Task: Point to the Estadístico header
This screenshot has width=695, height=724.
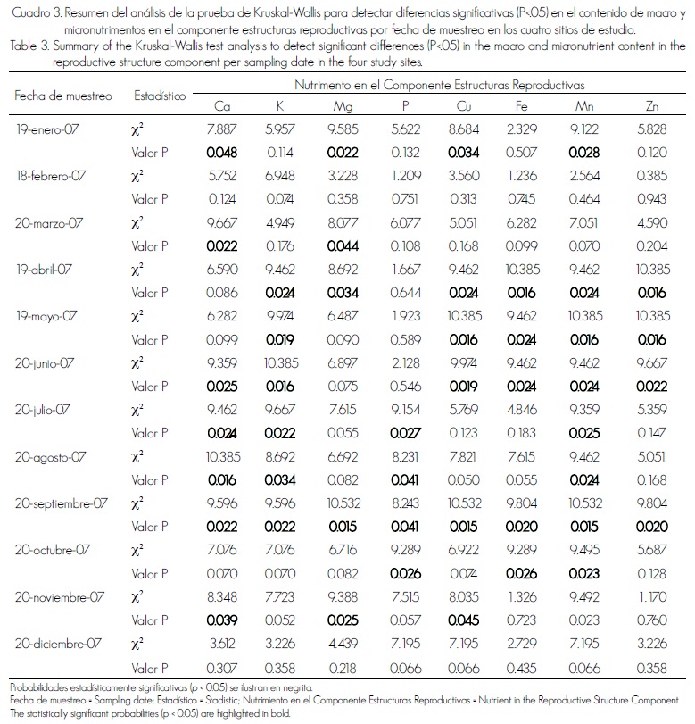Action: tap(158, 95)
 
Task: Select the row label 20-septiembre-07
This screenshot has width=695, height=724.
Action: tap(62, 502)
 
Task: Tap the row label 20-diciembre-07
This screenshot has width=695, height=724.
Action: tap(59, 641)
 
